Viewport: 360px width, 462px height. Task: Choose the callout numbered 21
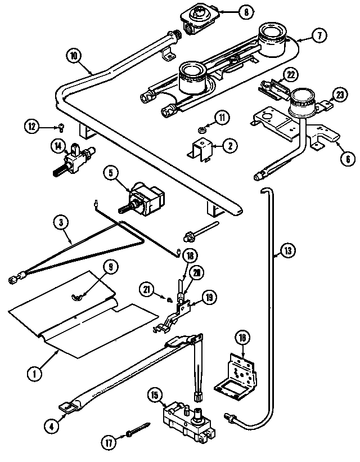coord(147,289)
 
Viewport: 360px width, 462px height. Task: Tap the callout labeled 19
coord(208,297)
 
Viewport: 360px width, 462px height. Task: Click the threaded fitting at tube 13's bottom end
coord(231,418)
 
